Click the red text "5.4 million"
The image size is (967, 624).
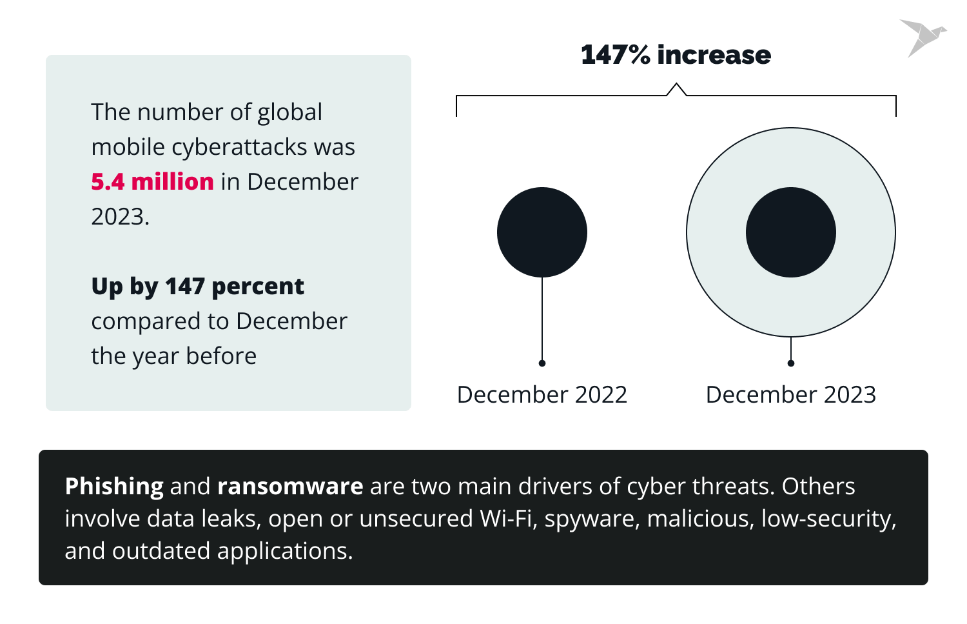point(152,182)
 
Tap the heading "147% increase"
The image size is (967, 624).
point(676,55)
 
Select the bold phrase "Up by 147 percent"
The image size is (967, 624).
point(197,287)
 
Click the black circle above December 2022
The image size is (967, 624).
point(542,232)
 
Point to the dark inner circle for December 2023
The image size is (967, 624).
point(791,232)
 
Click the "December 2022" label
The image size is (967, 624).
point(542,394)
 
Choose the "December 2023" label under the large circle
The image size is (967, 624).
point(791,394)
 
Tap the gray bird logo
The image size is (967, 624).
point(922,37)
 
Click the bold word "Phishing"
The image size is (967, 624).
point(114,487)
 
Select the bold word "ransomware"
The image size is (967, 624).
point(290,487)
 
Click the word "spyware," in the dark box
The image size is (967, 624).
point(592,519)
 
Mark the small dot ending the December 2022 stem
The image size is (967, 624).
point(542,363)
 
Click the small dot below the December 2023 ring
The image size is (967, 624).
point(791,363)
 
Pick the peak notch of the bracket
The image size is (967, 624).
point(676,85)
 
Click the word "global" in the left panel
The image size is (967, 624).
point(289,112)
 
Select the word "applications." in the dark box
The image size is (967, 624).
point(285,551)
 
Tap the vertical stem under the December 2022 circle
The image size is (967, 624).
point(542,319)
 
